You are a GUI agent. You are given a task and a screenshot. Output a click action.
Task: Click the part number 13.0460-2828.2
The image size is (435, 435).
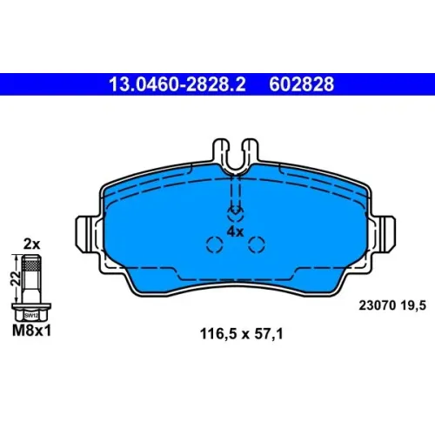pos(177,84)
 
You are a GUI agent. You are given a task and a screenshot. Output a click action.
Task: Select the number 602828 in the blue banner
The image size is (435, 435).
pos(302,84)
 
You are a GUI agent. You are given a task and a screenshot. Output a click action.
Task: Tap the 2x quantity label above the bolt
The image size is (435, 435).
pos(31,244)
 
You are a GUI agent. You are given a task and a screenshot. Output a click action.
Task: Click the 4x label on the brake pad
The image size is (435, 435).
pos(235,231)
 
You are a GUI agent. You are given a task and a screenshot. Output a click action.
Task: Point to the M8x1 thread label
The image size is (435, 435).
pos(31,331)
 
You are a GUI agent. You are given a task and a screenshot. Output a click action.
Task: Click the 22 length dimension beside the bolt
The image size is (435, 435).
pos(15,278)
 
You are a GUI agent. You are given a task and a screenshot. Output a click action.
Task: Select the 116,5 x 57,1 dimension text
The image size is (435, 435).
pos(241,334)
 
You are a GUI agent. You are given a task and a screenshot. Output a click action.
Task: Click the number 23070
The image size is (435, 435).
pos(378,305)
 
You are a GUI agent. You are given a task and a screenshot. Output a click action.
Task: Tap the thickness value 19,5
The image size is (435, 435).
pos(413,305)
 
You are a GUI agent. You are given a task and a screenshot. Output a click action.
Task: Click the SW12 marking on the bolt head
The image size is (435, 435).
pos(31,316)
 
